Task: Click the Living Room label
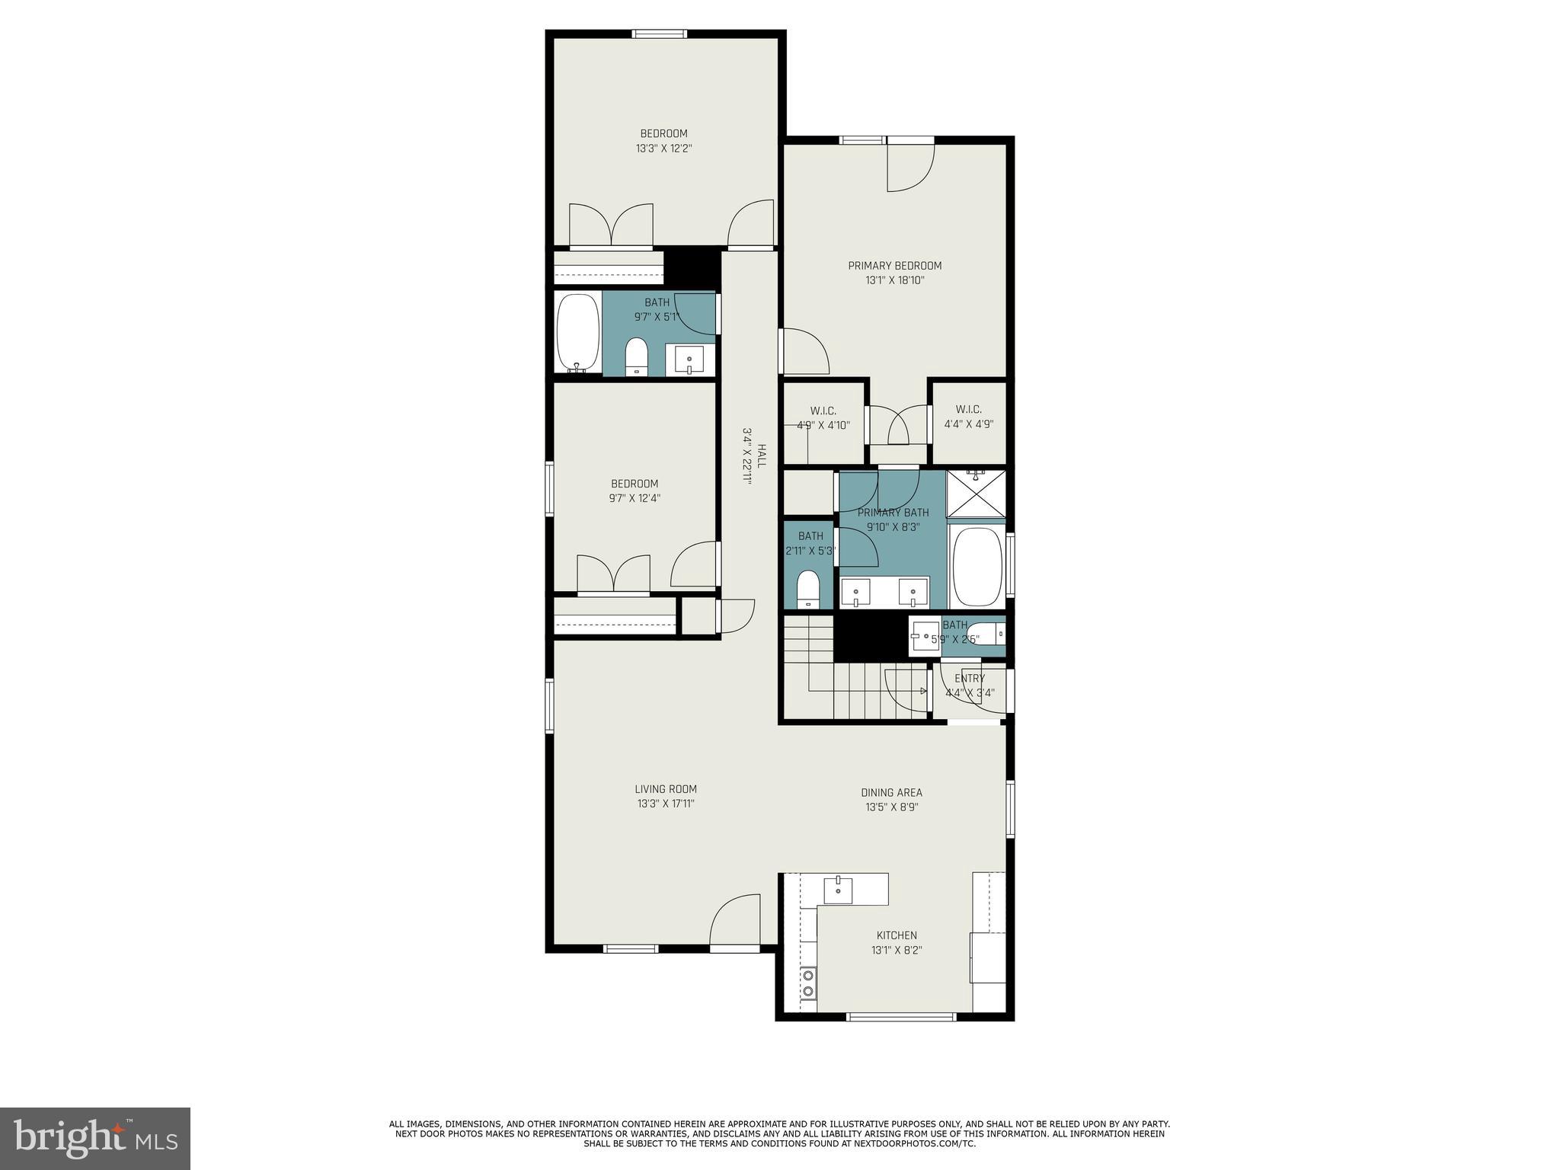(x=666, y=789)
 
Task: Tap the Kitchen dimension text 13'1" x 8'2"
(x=897, y=950)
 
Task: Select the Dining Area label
(x=891, y=792)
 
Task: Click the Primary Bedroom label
(x=895, y=266)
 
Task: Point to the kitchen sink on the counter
(x=838, y=889)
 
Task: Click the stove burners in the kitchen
(x=807, y=982)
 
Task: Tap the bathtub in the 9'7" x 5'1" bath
(x=577, y=333)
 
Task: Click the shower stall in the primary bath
(x=976, y=493)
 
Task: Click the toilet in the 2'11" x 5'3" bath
(x=807, y=590)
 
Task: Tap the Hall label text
(x=761, y=456)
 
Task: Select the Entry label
(x=970, y=678)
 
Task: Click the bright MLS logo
(x=95, y=1138)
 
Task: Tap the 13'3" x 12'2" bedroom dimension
(x=663, y=149)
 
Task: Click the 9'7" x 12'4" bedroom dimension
(x=635, y=498)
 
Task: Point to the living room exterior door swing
(x=736, y=921)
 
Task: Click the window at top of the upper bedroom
(x=660, y=34)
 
